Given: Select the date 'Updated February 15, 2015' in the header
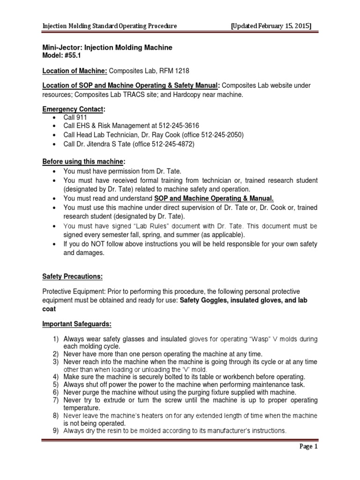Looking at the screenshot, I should click(x=271, y=26).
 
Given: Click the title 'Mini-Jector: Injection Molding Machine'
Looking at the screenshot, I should click(x=107, y=47).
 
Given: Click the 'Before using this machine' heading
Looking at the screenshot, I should click(x=84, y=162).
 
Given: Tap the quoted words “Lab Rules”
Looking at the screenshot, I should click(x=139, y=225).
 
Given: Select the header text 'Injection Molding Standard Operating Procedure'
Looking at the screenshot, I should click(x=110, y=26).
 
